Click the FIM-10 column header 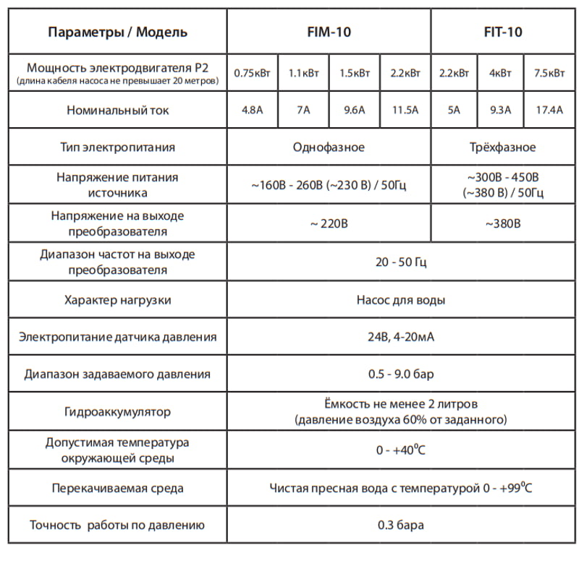(x=329, y=32)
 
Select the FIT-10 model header (x=502, y=32)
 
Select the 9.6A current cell (x=355, y=111)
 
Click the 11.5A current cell (x=405, y=111)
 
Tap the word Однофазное (x=329, y=147)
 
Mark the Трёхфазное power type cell (x=502, y=147)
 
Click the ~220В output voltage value (x=329, y=223)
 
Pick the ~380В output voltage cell (x=502, y=223)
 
